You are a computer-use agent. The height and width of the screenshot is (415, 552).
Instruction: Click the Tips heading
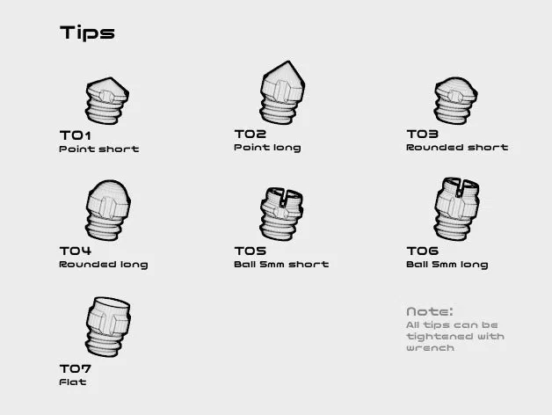tap(87, 33)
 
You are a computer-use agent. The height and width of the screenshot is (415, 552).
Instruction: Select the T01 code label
tap(76, 135)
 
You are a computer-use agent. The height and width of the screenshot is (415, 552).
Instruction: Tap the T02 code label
tap(251, 134)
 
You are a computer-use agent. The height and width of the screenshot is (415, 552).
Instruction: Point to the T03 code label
tap(423, 134)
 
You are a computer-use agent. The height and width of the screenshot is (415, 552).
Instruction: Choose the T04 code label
tap(76, 251)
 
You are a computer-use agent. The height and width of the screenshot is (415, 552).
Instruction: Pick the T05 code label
tap(251, 251)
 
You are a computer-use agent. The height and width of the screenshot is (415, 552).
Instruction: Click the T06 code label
tap(423, 251)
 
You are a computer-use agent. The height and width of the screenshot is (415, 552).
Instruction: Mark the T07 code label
tap(76, 368)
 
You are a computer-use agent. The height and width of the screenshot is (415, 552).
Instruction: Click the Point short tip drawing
tap(107, 101)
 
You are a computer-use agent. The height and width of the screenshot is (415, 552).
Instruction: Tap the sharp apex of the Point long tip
tap(289, 62)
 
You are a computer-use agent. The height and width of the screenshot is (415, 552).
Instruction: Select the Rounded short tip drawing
tap(456, 101)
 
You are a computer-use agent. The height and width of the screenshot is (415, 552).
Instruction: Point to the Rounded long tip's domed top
tap(109, 193)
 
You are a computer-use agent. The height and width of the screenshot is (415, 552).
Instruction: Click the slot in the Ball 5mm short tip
tap(284, 198)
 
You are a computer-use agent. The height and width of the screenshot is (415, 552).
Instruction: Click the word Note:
tap(430, 311)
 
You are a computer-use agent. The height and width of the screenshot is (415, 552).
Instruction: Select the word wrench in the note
tap(430, 348)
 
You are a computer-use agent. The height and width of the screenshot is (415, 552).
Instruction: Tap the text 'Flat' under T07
tap(73, 382)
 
